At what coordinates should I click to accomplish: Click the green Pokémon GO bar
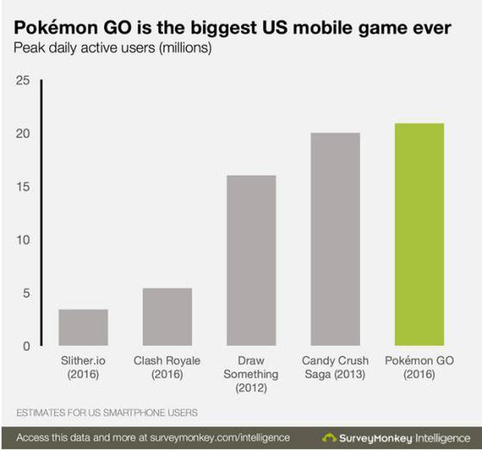tap(419, 234)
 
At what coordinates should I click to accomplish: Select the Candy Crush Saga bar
tap(335, 239)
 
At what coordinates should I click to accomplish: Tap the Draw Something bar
tap(250, 260)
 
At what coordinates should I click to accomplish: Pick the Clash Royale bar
tap(167, 316)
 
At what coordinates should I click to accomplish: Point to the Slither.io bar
tap(83, 327)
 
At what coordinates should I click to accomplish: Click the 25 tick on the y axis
tap(23, 80)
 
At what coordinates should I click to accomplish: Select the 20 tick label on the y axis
tap(23, 134)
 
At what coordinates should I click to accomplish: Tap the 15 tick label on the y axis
tap(23, 187)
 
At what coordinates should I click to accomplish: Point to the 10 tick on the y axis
tap(23, 240)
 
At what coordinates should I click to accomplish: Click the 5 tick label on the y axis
tap(26, 293)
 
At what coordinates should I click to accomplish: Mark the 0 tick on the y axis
tap(26, 346)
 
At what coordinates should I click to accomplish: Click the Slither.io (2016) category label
tap(83, 368)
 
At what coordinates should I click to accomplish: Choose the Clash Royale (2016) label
tap(167, 368)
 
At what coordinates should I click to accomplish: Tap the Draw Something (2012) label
tap(250, 375)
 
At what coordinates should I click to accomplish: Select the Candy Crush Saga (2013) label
tap(335, 368)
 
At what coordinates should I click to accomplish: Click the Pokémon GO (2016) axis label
tap(418, 368)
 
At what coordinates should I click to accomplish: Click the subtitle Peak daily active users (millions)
tap(112, 48)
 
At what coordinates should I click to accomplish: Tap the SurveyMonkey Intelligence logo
tap(396, 437)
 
